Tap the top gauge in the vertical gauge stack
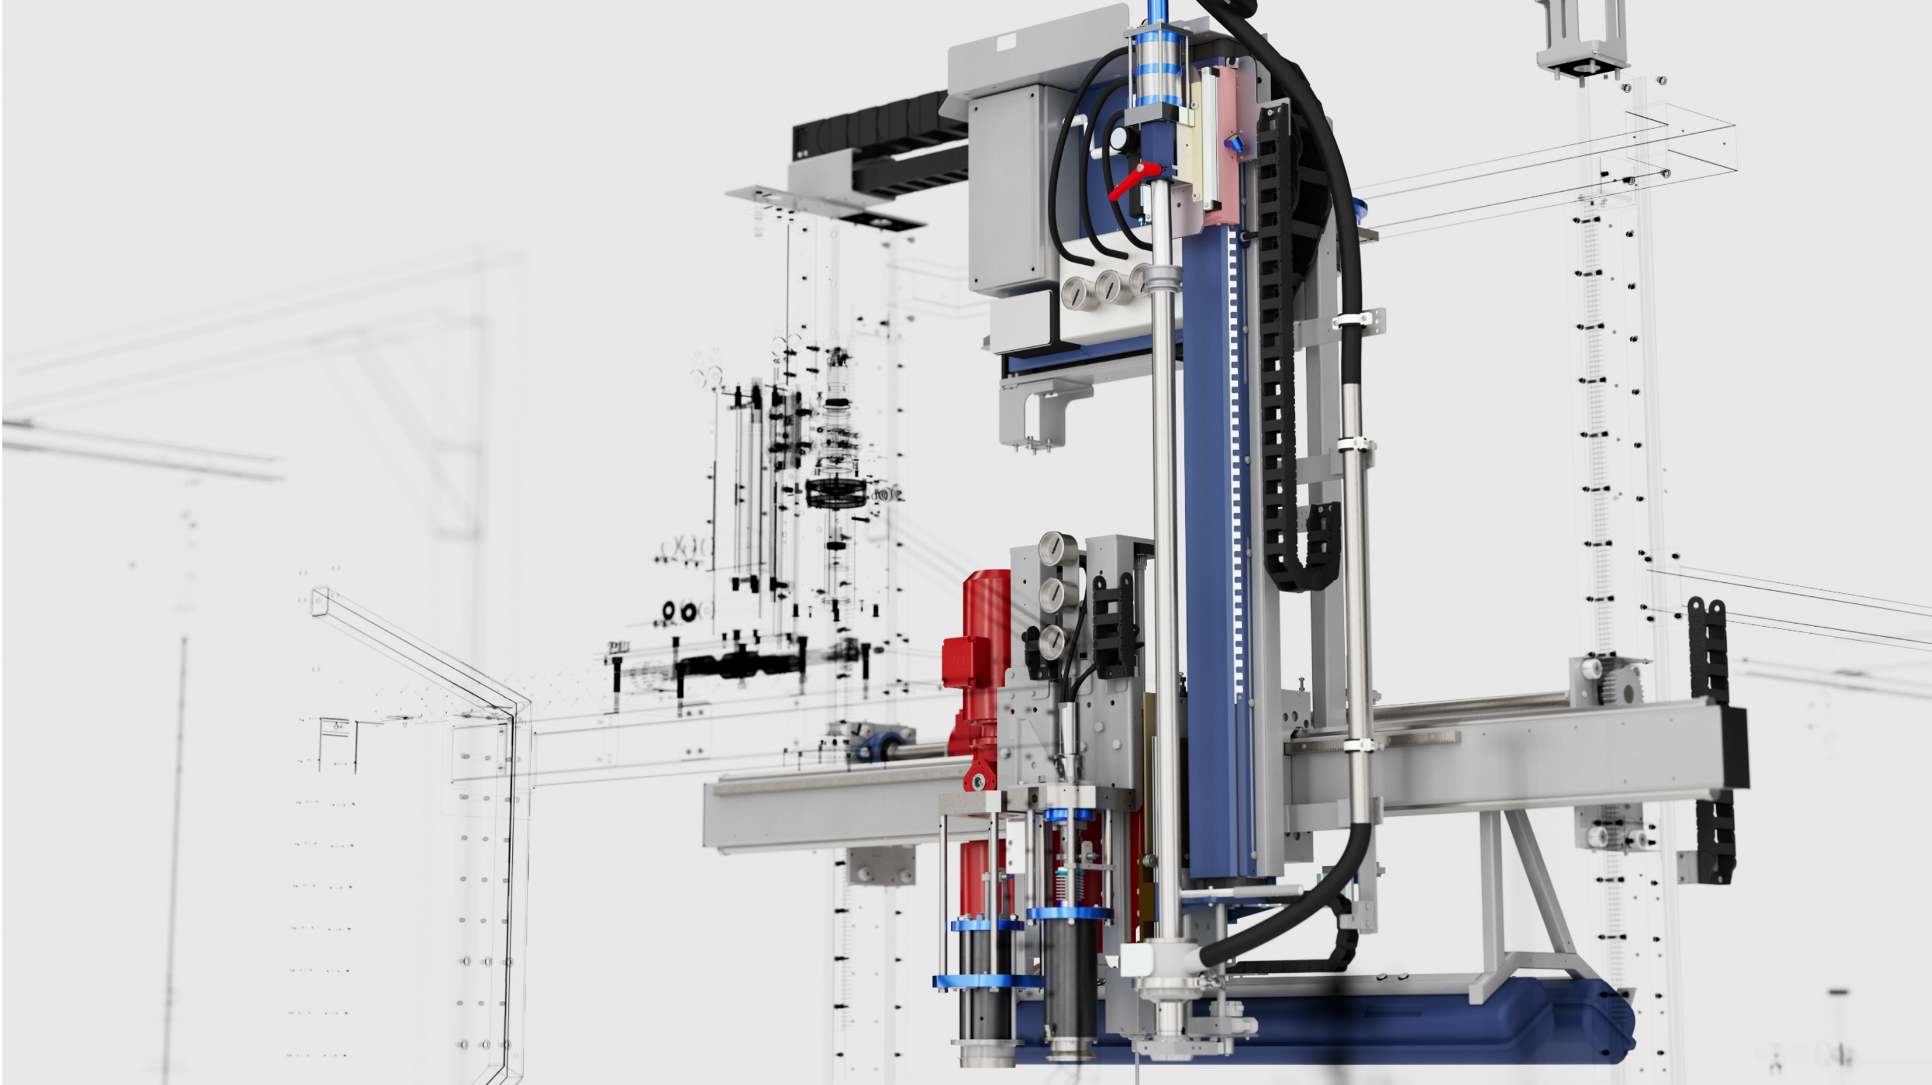(x=1054, y=550)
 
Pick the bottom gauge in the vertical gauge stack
(x=1051, y=641)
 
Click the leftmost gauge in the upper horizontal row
(x=1077, y=292)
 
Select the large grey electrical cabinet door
(x=1005, y=191)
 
